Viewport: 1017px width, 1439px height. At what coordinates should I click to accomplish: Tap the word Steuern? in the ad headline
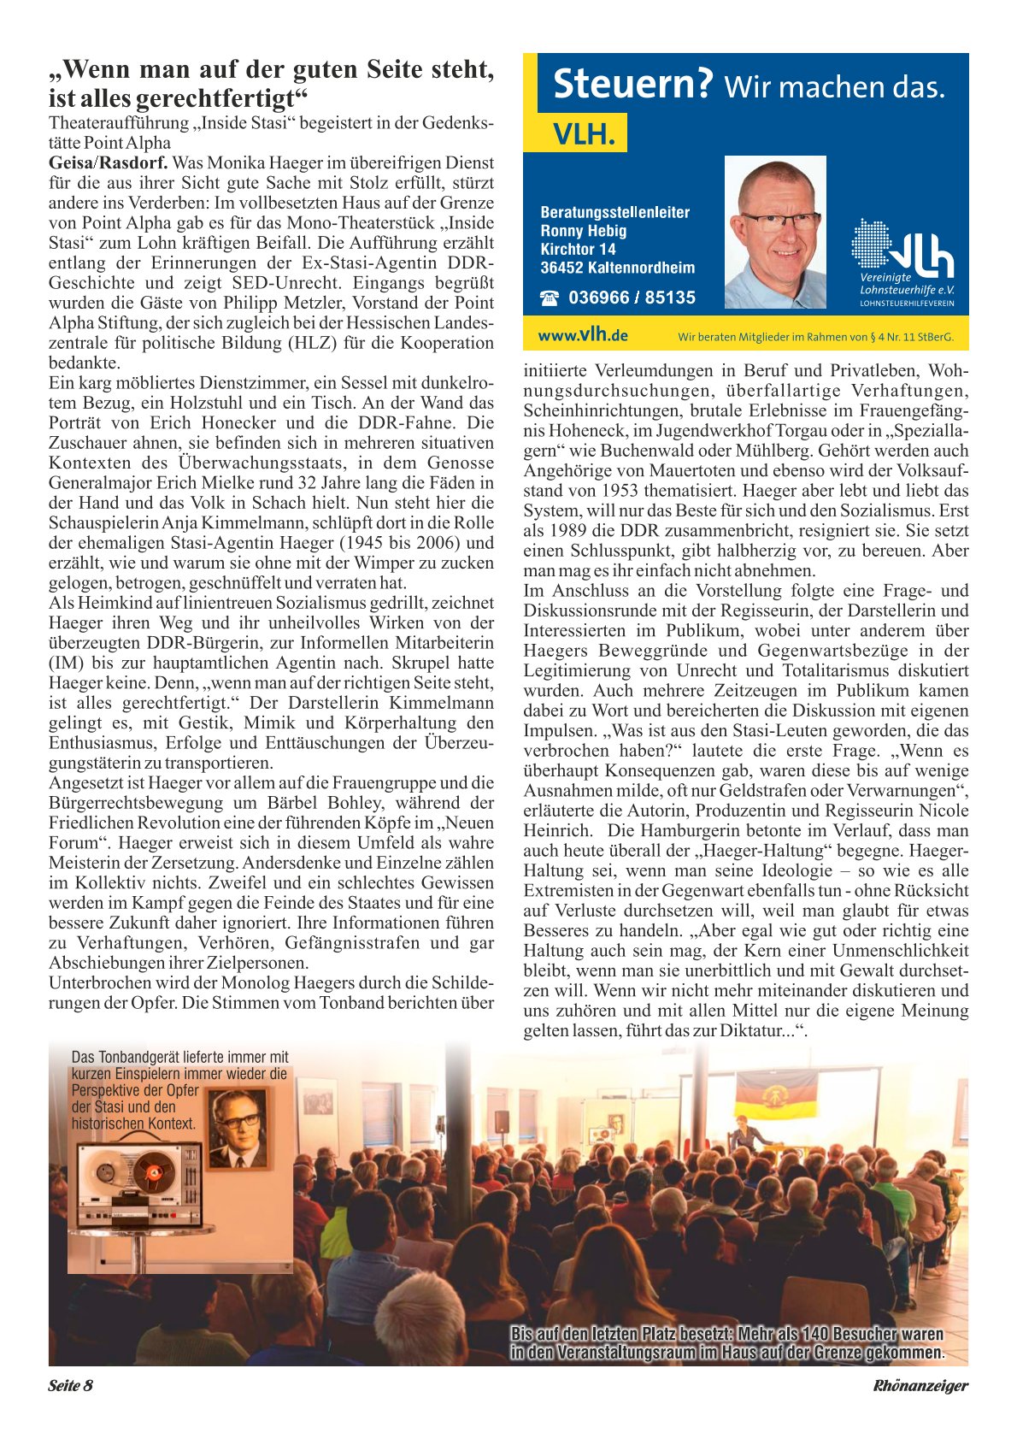click(x=632, y=85)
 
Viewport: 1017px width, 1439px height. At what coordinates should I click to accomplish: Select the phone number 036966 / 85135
click(x=632, y=298)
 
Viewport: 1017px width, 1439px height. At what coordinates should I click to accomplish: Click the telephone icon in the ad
click(x=550, y=298)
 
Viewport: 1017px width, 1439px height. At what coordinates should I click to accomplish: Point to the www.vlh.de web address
click(x=583, y=335)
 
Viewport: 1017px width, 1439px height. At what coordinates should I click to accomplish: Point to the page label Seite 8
click(x=70, y=1386)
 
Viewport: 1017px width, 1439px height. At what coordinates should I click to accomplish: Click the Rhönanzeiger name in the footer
click(x=920, y=1386)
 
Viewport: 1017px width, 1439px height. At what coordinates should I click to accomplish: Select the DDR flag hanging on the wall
click(x=776, y=1099)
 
